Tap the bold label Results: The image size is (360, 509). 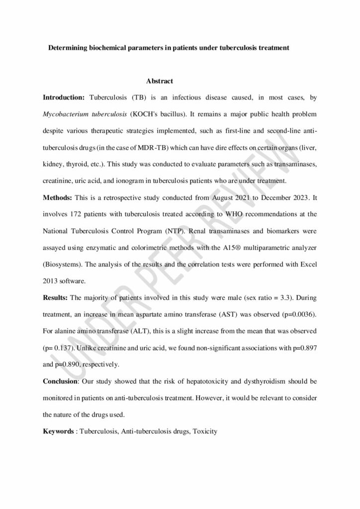pos(56,297)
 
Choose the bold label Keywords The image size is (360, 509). pos(58,431)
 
